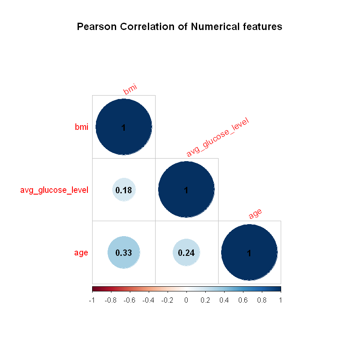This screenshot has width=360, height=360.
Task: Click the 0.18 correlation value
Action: pos(124,190)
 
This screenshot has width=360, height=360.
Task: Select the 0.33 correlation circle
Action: pos(124,252)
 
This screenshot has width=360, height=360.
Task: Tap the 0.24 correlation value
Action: pos(186,252)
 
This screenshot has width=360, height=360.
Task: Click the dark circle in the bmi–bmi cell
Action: pos(124,127)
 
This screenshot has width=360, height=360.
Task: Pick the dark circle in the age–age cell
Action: pos(249,252)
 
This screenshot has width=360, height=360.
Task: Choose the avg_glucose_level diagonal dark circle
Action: pos(186,190)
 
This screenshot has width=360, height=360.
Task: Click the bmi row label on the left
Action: pos(81,127)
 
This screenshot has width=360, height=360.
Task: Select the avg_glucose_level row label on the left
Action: pos(54,190)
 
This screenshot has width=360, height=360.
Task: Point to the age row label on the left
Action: pos(81,253)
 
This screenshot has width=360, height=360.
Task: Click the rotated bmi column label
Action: pos(130,89)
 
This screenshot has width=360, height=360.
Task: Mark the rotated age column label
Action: pos(255,213)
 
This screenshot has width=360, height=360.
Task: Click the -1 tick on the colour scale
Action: pos(92,300)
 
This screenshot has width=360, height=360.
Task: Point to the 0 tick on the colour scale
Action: pos(186,300)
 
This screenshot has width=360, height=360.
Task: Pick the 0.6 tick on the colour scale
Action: pos(243,300)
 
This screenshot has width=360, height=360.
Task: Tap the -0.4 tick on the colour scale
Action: pos(148,300)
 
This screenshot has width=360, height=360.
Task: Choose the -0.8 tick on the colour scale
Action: pos(110,300)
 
